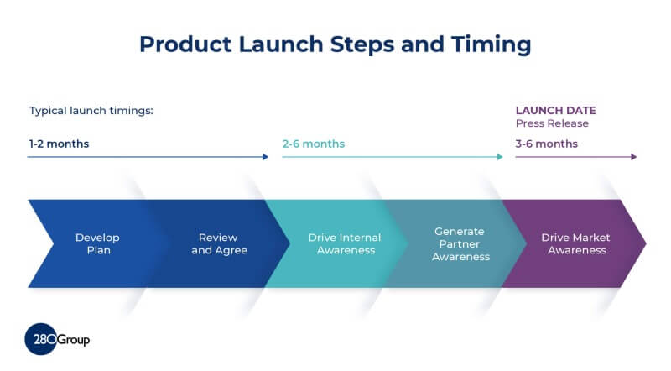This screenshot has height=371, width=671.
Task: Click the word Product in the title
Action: click(x=179, y=44)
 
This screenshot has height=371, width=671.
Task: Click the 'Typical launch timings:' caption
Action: click(x=91, y=111)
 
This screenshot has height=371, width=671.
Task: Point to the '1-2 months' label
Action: click(x=59, y=144)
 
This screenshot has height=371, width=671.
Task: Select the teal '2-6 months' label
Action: click(x=313, y=144)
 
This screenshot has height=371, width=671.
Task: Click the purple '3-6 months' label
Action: click(x=546, y=144)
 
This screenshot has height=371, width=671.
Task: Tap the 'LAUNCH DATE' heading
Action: click(x=555, y=111)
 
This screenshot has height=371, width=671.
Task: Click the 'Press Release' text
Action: click(x=552, y=123)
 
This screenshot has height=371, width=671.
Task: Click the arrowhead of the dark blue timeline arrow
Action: click(x=265, y=157)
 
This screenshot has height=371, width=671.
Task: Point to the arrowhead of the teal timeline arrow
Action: click(x=499, y=157)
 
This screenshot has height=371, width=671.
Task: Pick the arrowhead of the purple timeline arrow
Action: click(x=633, y=157)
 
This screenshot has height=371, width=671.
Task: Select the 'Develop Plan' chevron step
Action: click(x=92, y=243)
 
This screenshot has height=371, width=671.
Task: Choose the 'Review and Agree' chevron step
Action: click(x=219, y=243)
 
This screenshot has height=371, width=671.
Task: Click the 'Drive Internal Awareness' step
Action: click(x=344, y=243)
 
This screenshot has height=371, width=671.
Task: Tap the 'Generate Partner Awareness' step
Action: click(x=460, y=243)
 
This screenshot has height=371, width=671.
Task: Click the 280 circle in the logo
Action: click(x=40, y=340)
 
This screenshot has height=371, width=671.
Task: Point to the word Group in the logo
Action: click(x=73, y=340)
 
